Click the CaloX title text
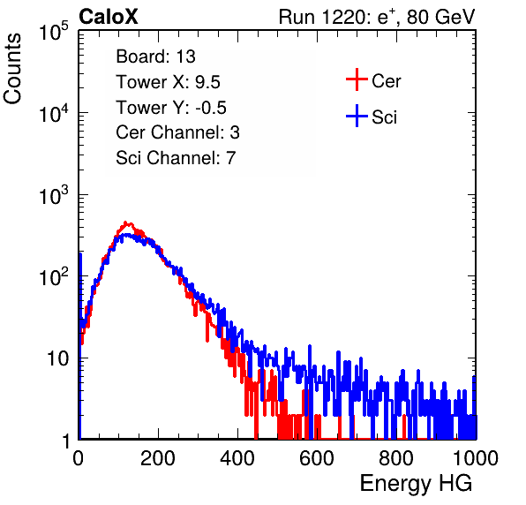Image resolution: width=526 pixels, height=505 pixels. click(109, 17)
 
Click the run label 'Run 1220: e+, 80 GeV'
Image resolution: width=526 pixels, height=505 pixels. click(377, 17)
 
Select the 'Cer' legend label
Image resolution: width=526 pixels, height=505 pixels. click(386, 81)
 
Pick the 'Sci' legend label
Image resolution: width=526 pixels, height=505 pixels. click(385, 117)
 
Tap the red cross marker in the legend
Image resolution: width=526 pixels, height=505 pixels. click(357, 79)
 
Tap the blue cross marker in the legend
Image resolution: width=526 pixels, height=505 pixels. click(357, 116)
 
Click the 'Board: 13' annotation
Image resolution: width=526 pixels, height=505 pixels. click(155, 57)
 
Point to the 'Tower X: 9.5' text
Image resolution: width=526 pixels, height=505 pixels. click(168, 82)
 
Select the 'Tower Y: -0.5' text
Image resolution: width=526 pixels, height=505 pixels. click(171, 108)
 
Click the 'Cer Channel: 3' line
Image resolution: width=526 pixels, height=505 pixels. click(177, 132)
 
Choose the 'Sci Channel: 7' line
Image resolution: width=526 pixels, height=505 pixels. click(176, 158)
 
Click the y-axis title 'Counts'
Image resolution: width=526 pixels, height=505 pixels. click(12, 69)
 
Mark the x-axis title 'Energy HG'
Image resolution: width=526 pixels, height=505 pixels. click(416, 484)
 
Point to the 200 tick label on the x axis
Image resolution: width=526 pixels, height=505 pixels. click(158, 458)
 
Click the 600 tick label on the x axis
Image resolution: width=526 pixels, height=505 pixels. click(317, 458)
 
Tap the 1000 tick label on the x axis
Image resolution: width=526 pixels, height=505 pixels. click(476, 458)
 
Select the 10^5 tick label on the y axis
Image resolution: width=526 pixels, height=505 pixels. click(54, 32)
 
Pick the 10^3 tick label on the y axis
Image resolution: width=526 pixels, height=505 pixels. click(54, 195)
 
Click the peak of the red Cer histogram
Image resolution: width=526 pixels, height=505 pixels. click(125, 222)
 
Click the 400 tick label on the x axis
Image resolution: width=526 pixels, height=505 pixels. click(237, 458)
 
